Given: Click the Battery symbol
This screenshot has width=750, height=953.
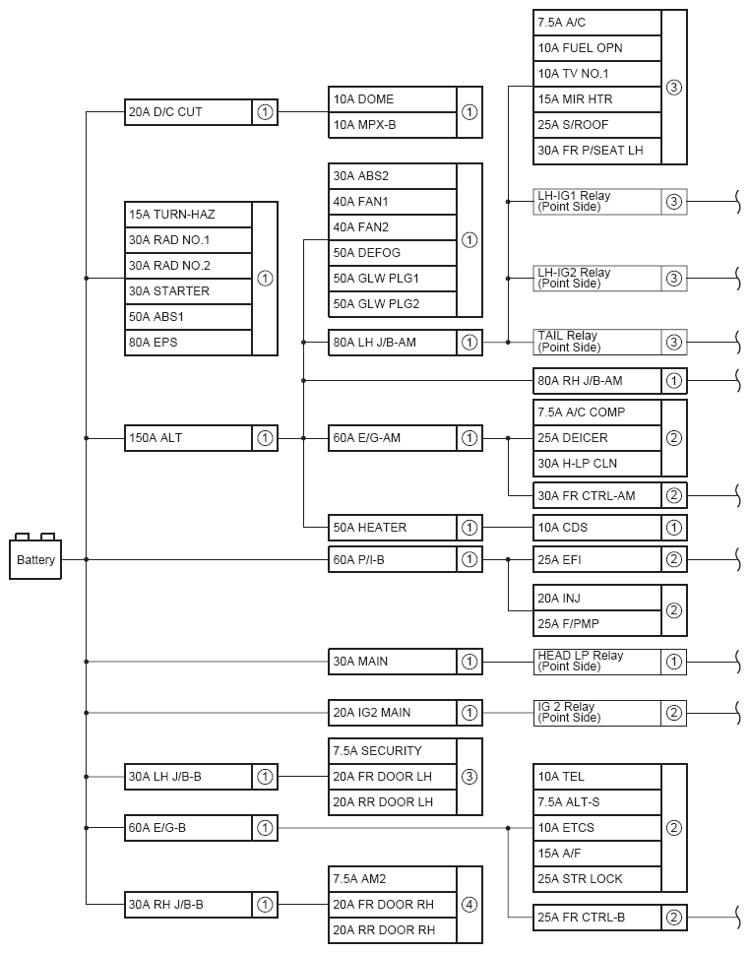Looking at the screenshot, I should [36, 559].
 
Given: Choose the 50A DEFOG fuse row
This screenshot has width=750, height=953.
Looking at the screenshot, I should [393, 253].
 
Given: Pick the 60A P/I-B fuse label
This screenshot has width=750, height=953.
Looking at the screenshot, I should [393, 560].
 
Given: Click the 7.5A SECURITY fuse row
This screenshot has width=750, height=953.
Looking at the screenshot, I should [393, 751].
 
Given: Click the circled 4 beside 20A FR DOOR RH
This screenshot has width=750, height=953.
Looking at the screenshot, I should [469, 905].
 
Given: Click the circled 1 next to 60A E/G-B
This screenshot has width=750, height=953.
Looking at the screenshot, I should [265, 828].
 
